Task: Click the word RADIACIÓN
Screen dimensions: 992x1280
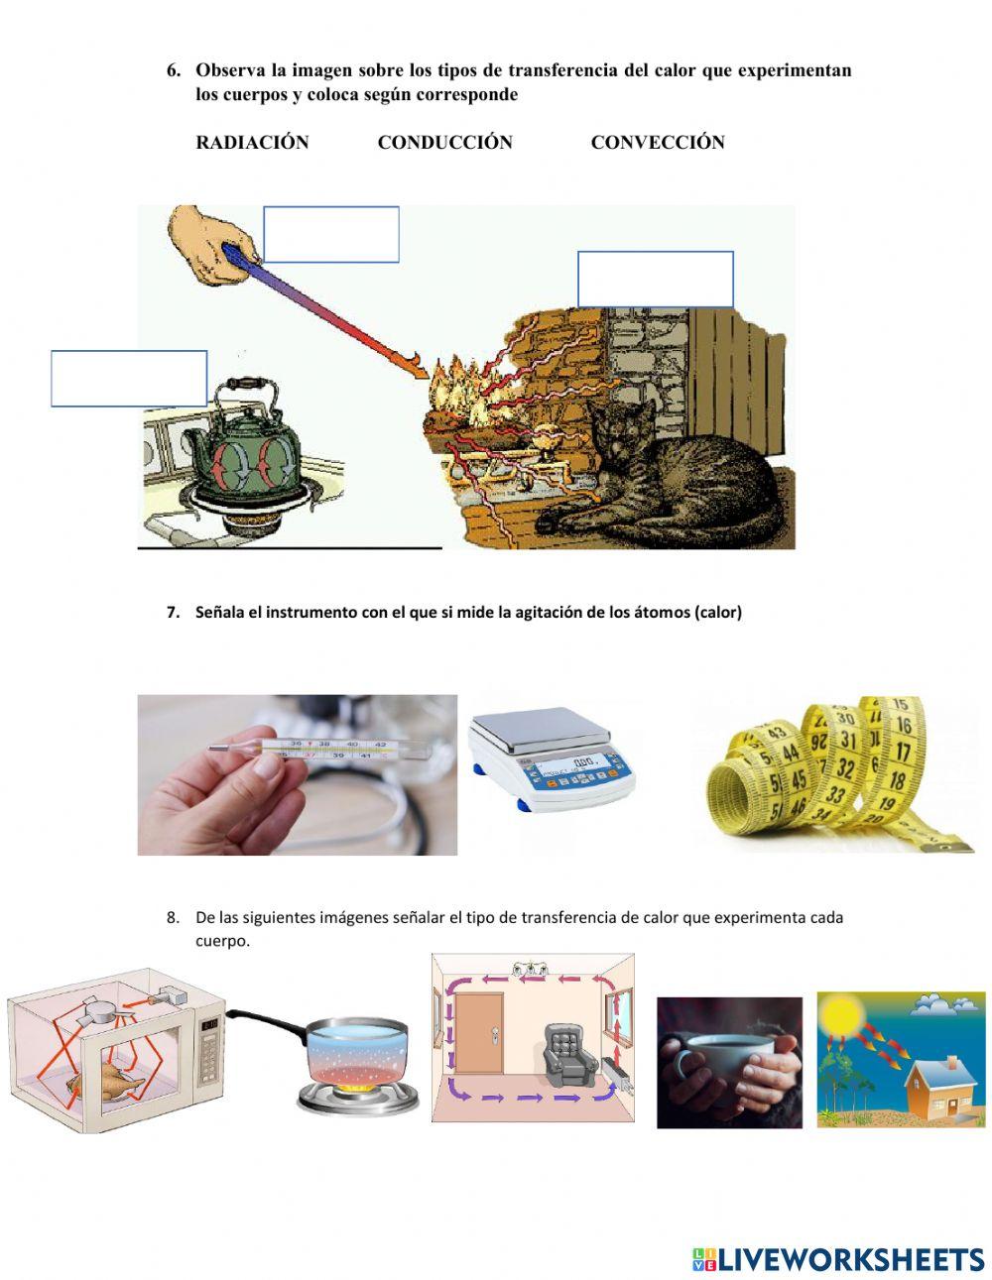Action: coord(252,142)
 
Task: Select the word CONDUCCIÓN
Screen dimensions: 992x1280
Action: coord(444,142)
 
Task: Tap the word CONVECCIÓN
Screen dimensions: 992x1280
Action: coord(658,142)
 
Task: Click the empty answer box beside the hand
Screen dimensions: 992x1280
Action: coord(331,234)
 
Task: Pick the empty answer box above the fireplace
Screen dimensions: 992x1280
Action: coord(655,280)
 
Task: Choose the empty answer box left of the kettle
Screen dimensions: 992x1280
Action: coord(129,378)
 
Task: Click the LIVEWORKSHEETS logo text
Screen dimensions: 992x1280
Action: coord(850,1243)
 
